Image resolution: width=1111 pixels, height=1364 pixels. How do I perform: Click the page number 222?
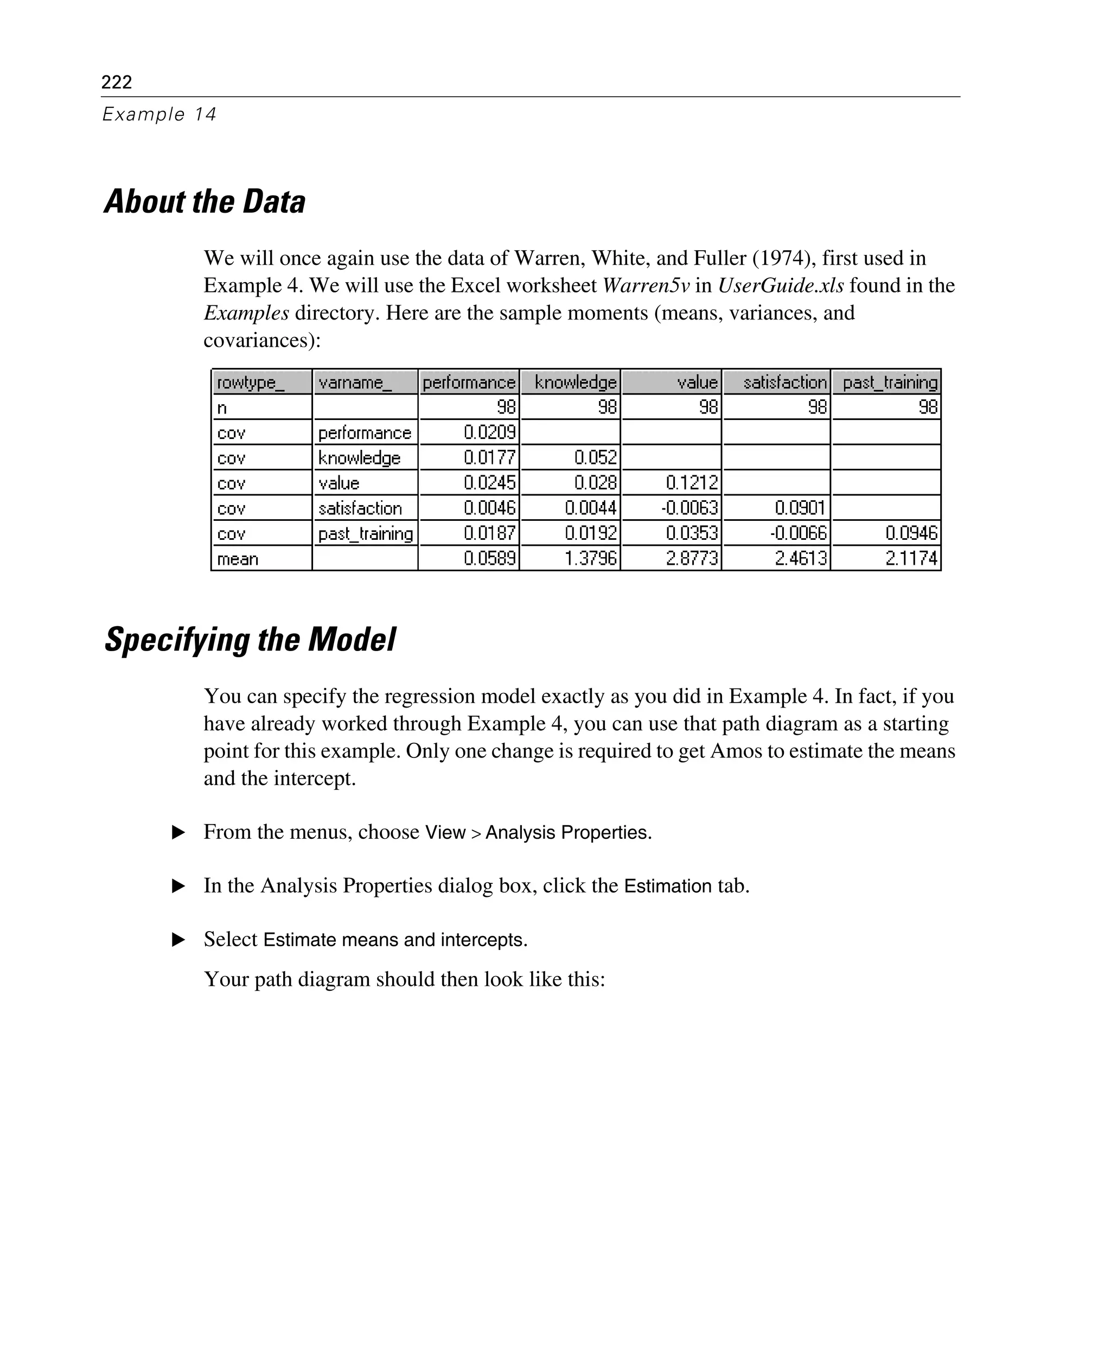[x=117, y=82]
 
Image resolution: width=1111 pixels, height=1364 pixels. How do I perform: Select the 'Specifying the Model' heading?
[x=250, y=640]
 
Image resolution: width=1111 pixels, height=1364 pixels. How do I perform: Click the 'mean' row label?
[x=238, y=559]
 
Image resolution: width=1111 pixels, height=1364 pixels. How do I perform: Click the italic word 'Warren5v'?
[x=646, y=285]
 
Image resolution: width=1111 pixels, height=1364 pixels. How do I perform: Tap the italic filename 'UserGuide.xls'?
[x=780, y=285]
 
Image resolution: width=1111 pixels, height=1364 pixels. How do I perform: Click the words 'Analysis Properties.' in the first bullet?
[x=569, y=832]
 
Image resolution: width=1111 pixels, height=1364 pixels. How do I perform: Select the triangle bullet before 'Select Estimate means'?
[x=178, y=940]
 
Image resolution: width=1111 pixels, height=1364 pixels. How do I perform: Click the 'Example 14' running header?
[x=159, y=114]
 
